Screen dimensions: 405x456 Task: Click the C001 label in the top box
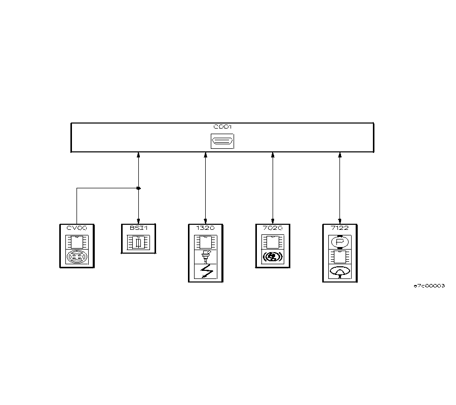click(222, 127)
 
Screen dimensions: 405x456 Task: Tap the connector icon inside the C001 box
click(222, 141)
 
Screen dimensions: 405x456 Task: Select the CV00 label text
click(77, 228)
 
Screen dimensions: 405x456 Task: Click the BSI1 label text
click(138, 228)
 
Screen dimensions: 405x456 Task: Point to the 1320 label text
click(205, 228)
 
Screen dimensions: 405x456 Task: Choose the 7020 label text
click(273, 228)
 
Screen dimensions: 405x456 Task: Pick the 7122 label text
click(339, 228)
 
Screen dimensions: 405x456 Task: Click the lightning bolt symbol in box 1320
click(205, 273)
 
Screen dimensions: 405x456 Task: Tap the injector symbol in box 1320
click(205, 257)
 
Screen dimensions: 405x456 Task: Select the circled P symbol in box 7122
click(339, 241)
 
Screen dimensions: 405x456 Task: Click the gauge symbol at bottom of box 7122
click(339, 272)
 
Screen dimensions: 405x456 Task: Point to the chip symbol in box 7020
click(273, 241)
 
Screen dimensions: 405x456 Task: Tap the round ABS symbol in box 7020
click(273, 257)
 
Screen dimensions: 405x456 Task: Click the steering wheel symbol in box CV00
click(77, 257)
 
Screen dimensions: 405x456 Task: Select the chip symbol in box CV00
click(77, 241)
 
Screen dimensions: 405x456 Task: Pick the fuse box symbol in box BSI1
click(138, 243)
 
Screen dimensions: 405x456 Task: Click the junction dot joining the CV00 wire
click(138, 188)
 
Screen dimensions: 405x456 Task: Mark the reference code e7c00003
click(429, 286)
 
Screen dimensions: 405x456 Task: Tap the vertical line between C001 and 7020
click(273, 187)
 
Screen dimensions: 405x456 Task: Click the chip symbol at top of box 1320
click(205, 241)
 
